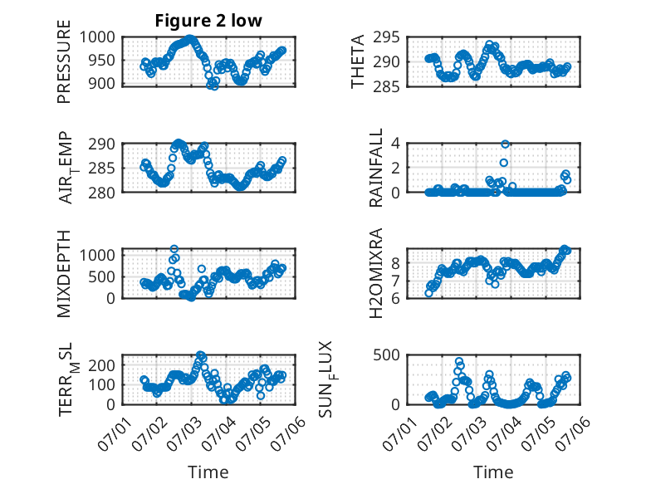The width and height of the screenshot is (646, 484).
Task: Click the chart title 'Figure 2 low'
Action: point(208,21)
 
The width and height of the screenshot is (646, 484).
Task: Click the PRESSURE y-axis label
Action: point(64,61)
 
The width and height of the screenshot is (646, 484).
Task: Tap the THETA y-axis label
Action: point(358,61)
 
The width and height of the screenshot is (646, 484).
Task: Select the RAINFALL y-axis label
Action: point(376,168)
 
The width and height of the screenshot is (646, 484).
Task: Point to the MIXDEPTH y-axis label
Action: point(64,274)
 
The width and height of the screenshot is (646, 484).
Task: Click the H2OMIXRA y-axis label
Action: point(376,273)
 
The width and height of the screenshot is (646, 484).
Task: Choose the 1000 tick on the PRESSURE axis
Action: point(97,37)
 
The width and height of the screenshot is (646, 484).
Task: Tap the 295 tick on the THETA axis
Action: point(386,37)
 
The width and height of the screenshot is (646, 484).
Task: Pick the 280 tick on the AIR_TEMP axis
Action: point(102,193)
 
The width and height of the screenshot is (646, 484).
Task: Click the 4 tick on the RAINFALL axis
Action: point(395,144)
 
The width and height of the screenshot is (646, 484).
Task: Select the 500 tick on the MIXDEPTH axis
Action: point(102,276)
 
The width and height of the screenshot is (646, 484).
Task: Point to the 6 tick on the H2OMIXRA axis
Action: point(395,298)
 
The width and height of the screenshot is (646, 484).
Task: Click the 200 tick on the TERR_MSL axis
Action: point(102,365)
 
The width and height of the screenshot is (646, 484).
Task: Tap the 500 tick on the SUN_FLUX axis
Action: point(386,354)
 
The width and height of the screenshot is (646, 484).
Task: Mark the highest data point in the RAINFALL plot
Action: point(505,144)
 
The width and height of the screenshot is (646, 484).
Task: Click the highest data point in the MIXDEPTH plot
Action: point(174,249)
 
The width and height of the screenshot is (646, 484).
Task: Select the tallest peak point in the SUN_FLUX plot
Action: point(459,361)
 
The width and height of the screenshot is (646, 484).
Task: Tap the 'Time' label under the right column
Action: point(493,472)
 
